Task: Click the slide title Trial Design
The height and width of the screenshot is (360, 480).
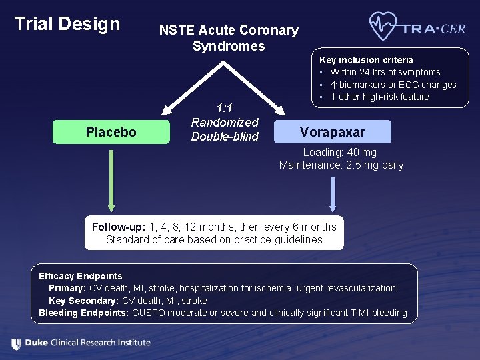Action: (x=67, y=24)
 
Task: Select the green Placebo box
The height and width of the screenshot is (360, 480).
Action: (x=111, y=132)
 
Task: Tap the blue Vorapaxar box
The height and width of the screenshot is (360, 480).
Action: (x=332, y=131)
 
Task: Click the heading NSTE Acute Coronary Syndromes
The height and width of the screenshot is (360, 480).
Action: (x=229, y=38)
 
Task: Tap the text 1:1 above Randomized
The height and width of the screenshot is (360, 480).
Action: (x=225, y=108)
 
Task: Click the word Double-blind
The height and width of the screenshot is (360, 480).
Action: (x=225, y=137)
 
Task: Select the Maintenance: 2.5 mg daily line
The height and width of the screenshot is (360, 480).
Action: (x=341, y=165)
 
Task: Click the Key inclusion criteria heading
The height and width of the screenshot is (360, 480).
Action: (x=366, y=60)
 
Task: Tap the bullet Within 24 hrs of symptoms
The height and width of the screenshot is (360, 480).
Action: (x=385, y=72)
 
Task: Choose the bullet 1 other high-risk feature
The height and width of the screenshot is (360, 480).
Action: (x=379, y=97)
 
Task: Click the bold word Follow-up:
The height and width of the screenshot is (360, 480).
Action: (x=119, y=227)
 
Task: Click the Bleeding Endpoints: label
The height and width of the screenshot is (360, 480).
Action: (x=84, y=313)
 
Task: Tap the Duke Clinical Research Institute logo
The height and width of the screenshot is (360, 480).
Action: (x=81, y=343)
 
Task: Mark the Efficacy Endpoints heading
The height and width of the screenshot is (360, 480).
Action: (x=81, y=276)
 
